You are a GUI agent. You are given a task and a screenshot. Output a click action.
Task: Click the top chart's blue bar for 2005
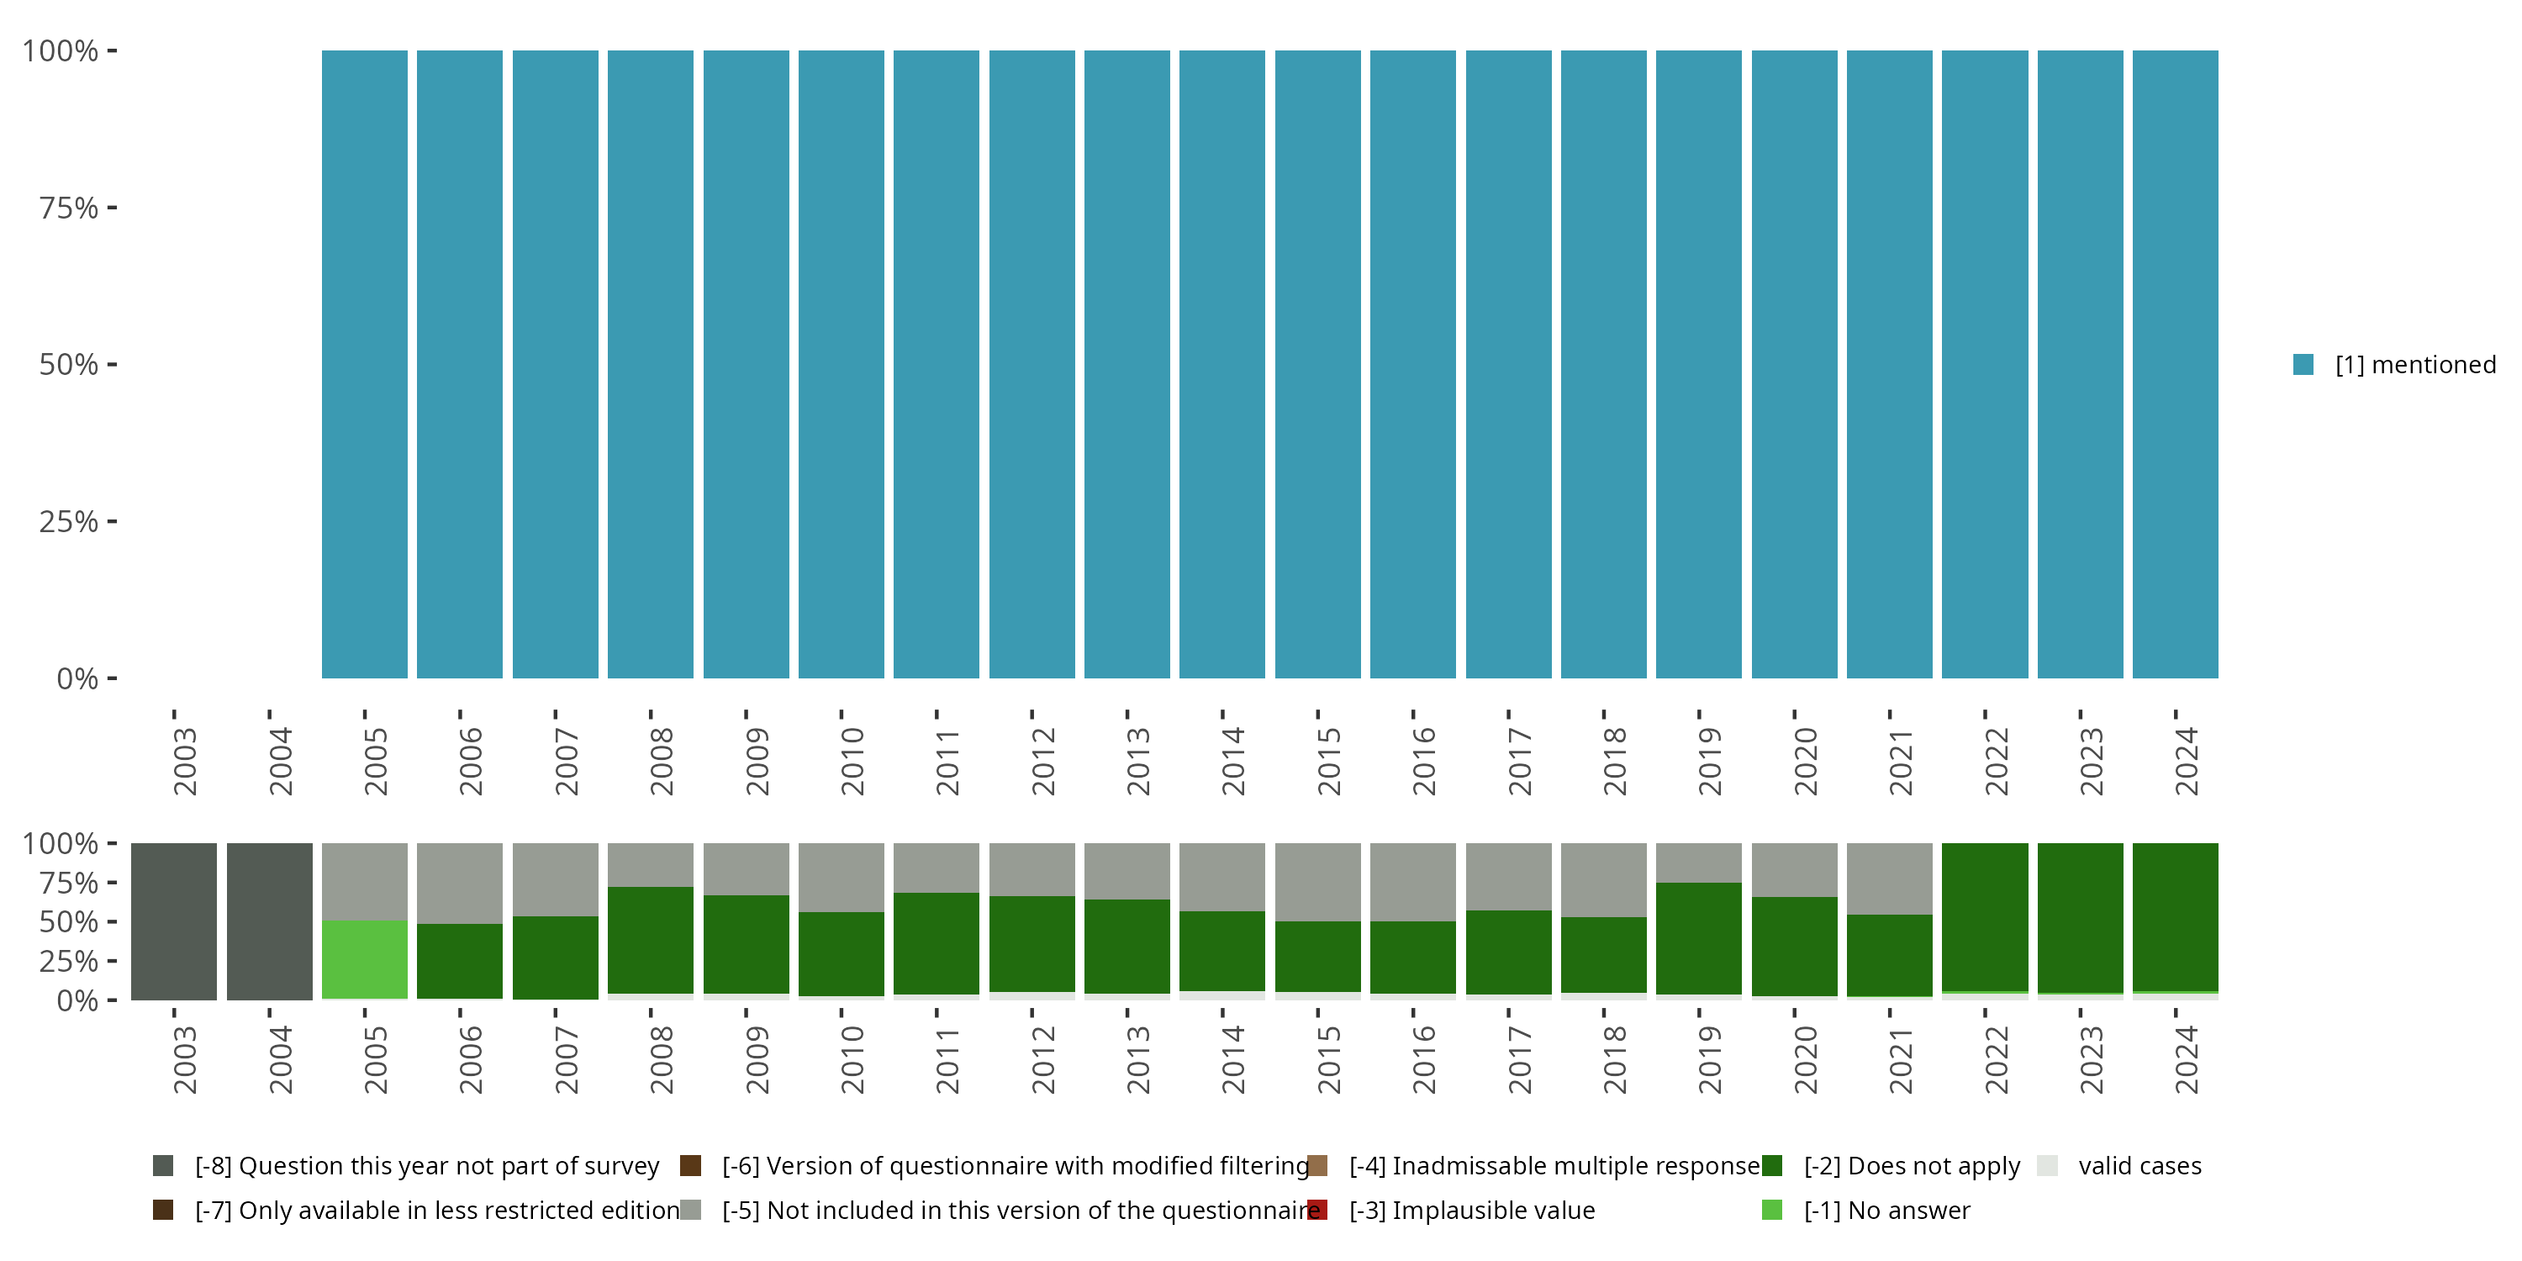click(x=364, y=364)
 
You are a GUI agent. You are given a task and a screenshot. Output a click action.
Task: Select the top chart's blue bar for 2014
click(x=1221, y=364)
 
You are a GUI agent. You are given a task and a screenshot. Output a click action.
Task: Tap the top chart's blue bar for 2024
click(x=2175, y=364)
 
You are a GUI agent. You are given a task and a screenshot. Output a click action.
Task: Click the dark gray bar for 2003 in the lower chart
click(x=174, y=921)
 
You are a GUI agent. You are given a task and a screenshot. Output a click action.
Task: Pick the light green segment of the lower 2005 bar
click(x=364, y=959)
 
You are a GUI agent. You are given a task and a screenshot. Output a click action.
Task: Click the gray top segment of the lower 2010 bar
click(x=841, y=877)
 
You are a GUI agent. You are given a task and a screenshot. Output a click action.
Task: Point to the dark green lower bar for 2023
click(x=2080, y=918)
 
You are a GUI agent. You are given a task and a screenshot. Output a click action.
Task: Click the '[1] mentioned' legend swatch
click(x=2303, y=365)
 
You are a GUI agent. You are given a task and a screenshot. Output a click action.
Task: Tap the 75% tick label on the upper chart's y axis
click(x=69, y=208)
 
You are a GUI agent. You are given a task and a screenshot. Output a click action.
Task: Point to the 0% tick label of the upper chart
click(x=77, y=678)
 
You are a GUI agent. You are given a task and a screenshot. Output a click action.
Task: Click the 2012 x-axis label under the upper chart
click(x=1042, y=761)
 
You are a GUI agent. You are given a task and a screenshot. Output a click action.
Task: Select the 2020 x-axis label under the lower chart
click(x=1804, y=1059)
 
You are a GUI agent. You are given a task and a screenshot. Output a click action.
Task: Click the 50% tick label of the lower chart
click(x=69, y=922)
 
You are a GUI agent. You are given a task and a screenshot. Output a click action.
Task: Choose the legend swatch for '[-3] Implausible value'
click(x=1318, y=1210)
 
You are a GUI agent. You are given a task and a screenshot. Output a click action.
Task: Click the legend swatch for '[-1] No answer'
click(x=1771, y=1210)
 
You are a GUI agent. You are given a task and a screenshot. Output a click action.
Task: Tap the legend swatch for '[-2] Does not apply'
click(x=1771, y=1166)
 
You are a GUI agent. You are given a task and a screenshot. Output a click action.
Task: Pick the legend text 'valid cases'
click(x=2139, y=1166)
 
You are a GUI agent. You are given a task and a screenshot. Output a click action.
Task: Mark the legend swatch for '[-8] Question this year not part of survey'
click(x=163, y=1166)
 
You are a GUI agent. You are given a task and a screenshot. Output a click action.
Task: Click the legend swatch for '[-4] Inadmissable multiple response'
click(x=1318, y=1166)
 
